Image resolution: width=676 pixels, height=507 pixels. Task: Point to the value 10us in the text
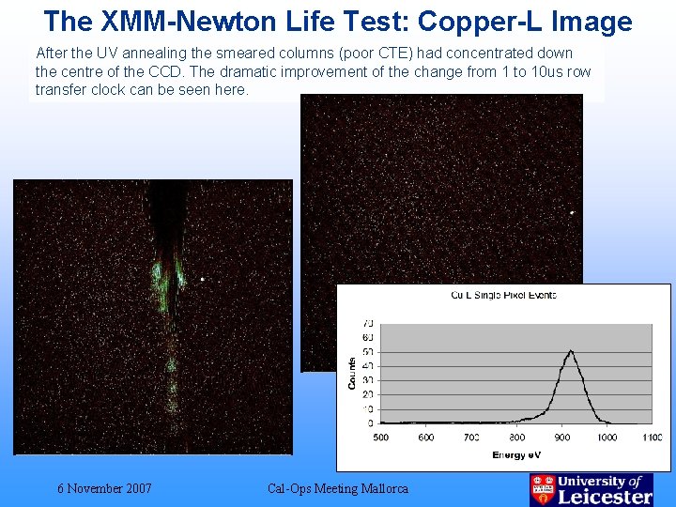(x=532, y=71)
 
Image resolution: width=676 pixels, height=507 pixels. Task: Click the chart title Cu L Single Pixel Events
(x=503, y=295)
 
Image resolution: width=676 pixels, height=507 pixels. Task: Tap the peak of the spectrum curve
(x=570, y=351)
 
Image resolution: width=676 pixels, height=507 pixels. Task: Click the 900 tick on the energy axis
(x=561, y=437)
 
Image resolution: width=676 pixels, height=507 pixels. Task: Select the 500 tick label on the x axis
(x=380, y=437)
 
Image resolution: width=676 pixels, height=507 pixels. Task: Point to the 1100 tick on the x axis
(x=652, y=437)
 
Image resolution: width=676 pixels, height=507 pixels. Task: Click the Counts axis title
(x=352, y=373)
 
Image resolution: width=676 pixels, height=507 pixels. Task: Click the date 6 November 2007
(x=104, y=488)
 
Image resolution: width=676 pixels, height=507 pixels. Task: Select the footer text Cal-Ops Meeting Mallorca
(x=338, y=488)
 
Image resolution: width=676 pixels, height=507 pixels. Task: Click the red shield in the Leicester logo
(x=543, y=489)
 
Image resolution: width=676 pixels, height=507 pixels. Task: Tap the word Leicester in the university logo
(x=605, y=497)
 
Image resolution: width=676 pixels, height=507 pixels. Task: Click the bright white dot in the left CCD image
(x=202, y=278)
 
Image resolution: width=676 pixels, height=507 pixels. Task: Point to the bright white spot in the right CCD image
(x=572, y=212)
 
